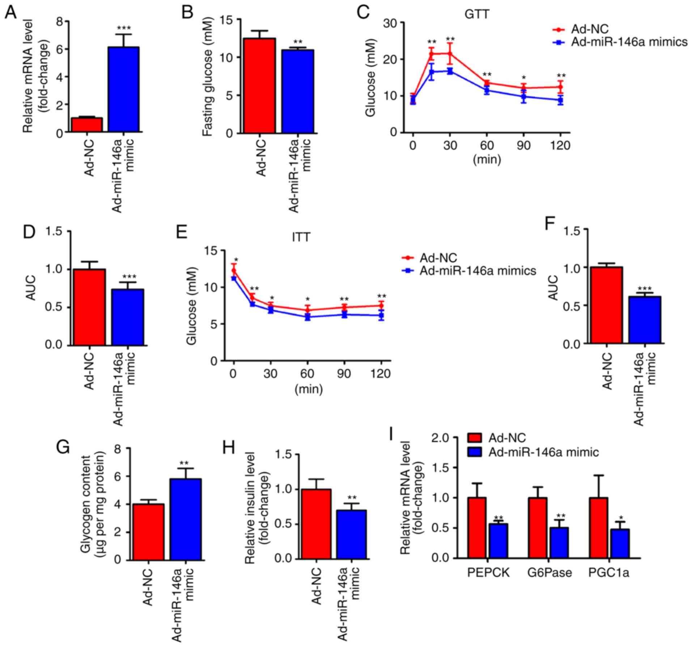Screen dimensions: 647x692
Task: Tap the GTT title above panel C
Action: pyautogui.click(x=476, y=14)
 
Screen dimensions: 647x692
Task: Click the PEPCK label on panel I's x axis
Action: pyautogui.click(x=488, y=573)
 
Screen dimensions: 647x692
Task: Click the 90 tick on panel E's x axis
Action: pyautogui.click(x=344, y=373)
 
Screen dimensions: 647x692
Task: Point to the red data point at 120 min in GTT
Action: pyautogui.click(x=560, y=87)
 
